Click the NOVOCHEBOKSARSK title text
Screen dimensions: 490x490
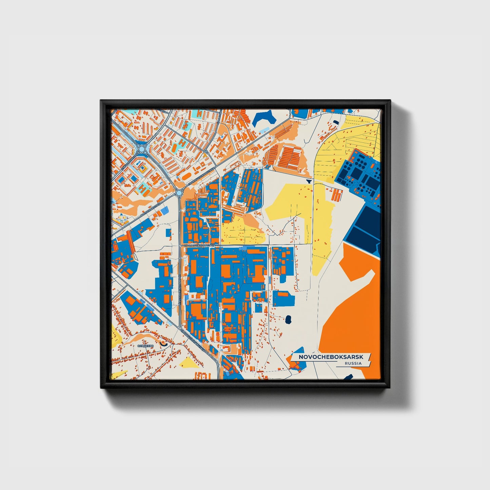(x=330, y=357)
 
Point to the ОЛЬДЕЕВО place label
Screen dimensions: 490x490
(x=145, y=346)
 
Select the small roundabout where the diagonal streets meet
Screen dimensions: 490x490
(x=179, y=193)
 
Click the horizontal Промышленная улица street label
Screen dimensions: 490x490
(x=199, y=244)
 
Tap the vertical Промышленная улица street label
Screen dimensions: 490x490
(x=179, y=292)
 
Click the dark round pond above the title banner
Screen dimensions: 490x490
(x=289, y=319)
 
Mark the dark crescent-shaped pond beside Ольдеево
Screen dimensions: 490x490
(x=164, y=343)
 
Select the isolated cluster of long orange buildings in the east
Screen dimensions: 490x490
(x=337, y=195)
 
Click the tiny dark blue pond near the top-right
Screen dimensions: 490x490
(x=335, y=122)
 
